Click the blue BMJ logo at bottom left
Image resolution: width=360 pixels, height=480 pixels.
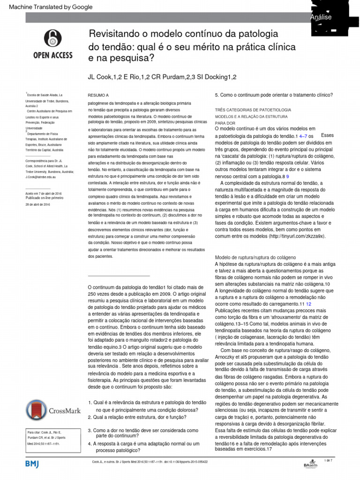pos(32,463)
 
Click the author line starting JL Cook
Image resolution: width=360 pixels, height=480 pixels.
pos(162,77)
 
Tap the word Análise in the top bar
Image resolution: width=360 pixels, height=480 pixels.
pos(321,17)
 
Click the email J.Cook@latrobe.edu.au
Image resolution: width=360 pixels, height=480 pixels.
pos(41,177)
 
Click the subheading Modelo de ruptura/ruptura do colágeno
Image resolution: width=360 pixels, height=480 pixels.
pos(255,257)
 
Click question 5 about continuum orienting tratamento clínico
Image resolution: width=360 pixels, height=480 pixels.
pos(273,95)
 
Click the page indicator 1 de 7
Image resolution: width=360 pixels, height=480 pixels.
pos(328,460)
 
